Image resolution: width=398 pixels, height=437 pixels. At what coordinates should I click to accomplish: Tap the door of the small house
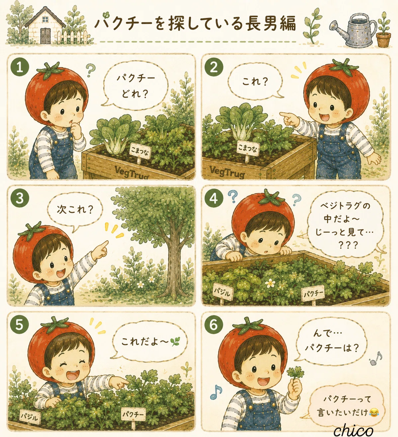(45, 35)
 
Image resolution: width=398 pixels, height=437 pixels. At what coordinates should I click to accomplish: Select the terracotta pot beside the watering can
(383, 39)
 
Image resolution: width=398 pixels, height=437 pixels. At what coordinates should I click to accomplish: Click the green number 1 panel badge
(20, 67)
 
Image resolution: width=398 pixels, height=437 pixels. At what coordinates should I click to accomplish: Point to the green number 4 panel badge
(214, 198)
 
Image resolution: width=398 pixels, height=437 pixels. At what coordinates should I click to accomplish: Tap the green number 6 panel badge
(214, 325)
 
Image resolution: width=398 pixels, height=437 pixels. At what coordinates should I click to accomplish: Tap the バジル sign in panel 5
(31, 417)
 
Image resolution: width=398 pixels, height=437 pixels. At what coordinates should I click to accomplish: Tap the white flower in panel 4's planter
(270, 283)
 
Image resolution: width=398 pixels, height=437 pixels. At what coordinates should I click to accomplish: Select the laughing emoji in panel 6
(373, 412)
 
